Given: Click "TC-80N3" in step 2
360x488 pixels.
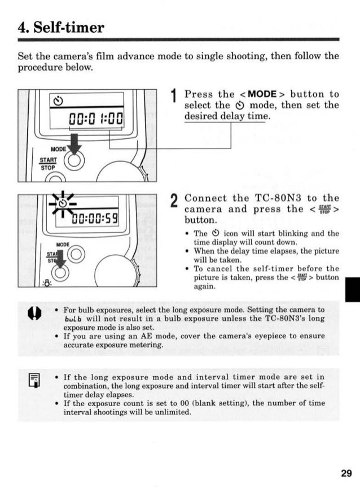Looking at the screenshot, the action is pos(274,198).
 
